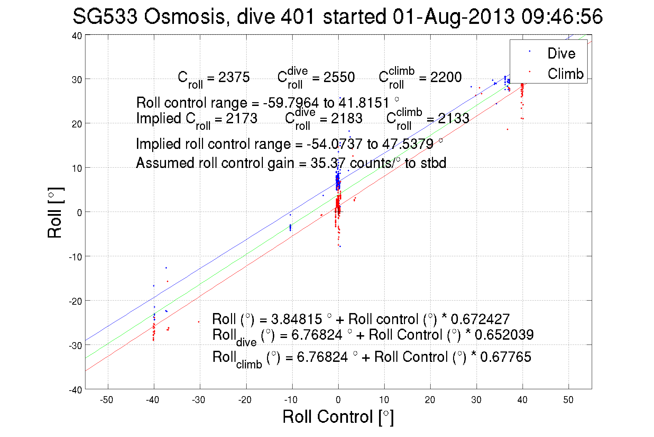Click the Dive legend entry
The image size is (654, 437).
coord(561,53)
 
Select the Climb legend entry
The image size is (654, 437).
coord(565,74)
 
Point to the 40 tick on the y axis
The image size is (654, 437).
coord(77,36)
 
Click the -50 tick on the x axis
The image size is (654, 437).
coord(107,400)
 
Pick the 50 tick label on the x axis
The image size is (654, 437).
coord(568,400)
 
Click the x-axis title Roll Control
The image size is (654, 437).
coord(338,417)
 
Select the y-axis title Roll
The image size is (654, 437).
coord(55,213)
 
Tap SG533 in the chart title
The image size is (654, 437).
coord(105,17)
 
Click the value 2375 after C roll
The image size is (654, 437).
coord(234,77)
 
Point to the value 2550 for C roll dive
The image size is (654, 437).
coord(339,77)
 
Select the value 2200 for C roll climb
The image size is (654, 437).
coord(446,77)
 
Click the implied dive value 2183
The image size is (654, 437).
coord(347,118)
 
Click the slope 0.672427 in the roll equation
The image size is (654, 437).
coord(480,319)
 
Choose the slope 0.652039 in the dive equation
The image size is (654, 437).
coord(504,335)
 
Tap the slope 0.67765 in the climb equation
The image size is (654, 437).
coord(505,357)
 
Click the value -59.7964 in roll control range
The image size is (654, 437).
coord(291,103)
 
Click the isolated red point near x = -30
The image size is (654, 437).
coord(199,322)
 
